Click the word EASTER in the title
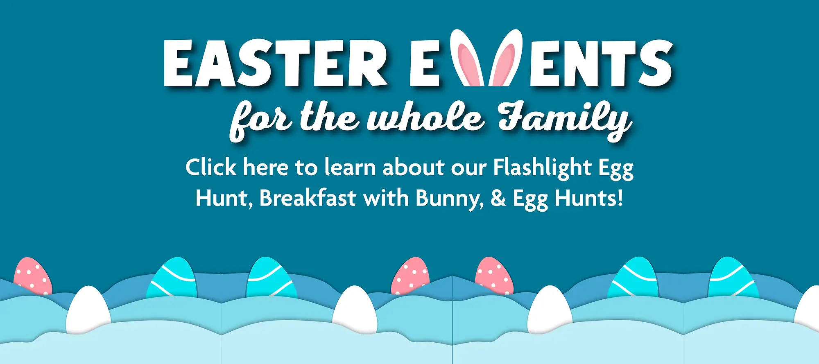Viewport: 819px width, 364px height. tap(275, 63)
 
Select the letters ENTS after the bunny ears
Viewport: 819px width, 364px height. tap(601, 63)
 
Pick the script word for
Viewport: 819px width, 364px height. tap(261, 120)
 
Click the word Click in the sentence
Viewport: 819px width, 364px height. tap(211, 167)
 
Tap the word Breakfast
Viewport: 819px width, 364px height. tap(308, 198)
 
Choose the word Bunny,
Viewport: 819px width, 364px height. tap(450, 199)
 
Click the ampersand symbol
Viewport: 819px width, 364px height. tap(498, 198)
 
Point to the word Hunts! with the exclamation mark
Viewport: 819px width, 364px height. tap(589, 198)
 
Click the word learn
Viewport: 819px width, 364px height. tap(350, 167)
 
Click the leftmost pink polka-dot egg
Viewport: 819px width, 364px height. tap(32, 276)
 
